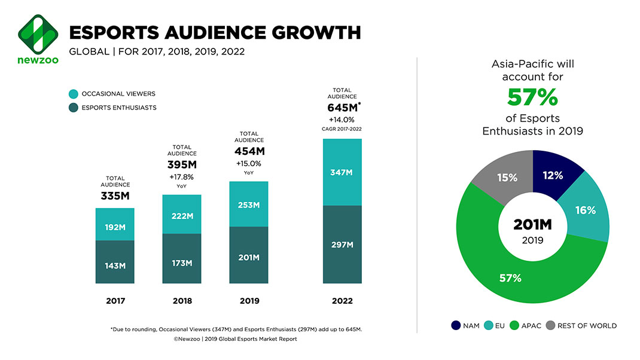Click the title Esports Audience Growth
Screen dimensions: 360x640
click(215, 32)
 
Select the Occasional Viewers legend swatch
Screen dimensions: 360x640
click(73, 94)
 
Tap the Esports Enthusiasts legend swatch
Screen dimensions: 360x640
click(73, 108)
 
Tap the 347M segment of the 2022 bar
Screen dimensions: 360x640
click(342, 172)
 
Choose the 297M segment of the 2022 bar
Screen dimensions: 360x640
click(342, 245)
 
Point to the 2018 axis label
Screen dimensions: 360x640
click(182, 301)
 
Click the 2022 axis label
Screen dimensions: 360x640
click(342, 301)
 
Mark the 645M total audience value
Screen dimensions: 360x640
click(342, 108)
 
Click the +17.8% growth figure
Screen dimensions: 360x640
click(182, 177)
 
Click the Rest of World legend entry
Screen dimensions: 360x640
click(580, 326)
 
